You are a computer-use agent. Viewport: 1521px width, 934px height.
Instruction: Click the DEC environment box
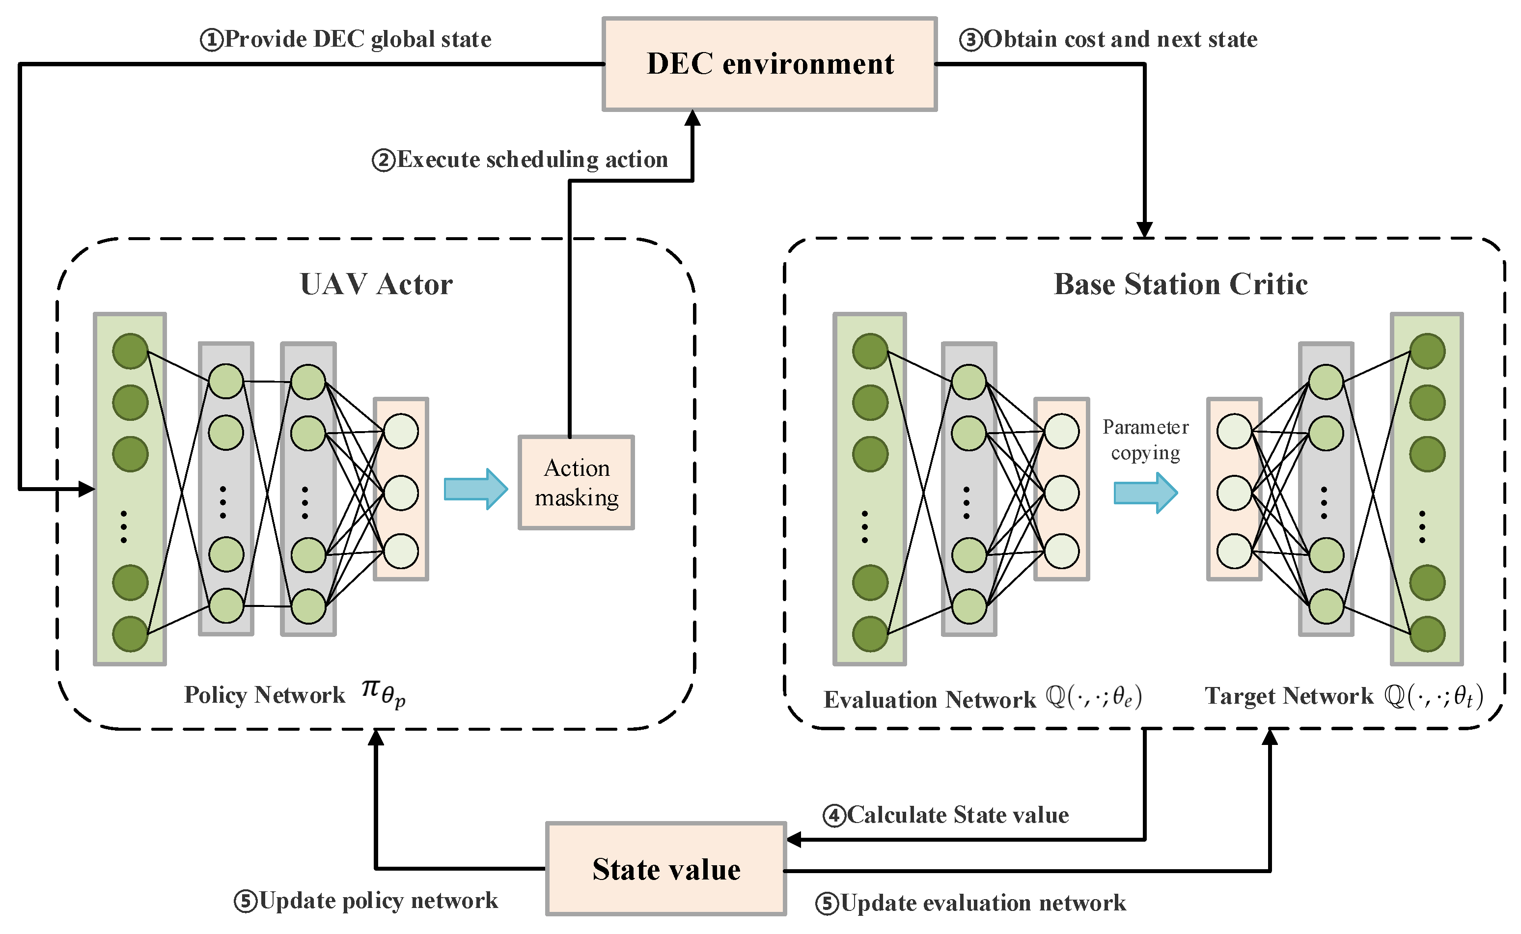point(769,64)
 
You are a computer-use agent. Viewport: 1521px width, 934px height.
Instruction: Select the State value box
point(665,869)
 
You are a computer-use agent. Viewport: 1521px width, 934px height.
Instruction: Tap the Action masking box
point(576,482)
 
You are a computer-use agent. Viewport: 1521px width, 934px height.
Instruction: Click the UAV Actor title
point(376,285)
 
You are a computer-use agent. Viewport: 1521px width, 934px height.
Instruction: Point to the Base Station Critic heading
point(1180,285)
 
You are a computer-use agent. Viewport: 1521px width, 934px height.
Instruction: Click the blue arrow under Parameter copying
point(1145,493)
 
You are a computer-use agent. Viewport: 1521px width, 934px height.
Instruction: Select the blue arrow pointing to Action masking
point(475,489)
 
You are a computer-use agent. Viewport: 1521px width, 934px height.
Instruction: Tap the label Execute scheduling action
point(520,160)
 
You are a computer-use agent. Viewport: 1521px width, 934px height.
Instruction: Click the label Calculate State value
point(945,815)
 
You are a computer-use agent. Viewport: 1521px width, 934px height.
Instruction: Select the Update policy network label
point(366,901)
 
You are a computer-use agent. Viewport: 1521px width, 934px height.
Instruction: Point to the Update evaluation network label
point(970,903)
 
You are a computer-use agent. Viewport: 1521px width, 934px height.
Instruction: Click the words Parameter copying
point(1145,440)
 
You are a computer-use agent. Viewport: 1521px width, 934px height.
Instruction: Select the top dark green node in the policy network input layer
point(130,352)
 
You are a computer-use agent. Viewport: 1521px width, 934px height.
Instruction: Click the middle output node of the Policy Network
point(401,493)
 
